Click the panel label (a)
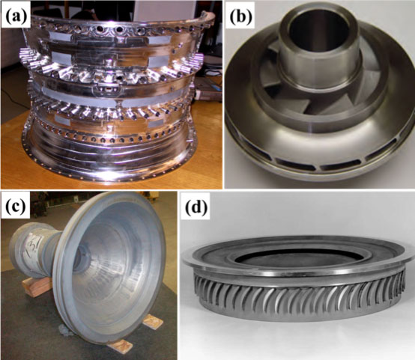(x=16, y=14)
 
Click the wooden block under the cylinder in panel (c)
(x=37, y=286)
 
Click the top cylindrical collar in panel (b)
(x=319, y=49)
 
